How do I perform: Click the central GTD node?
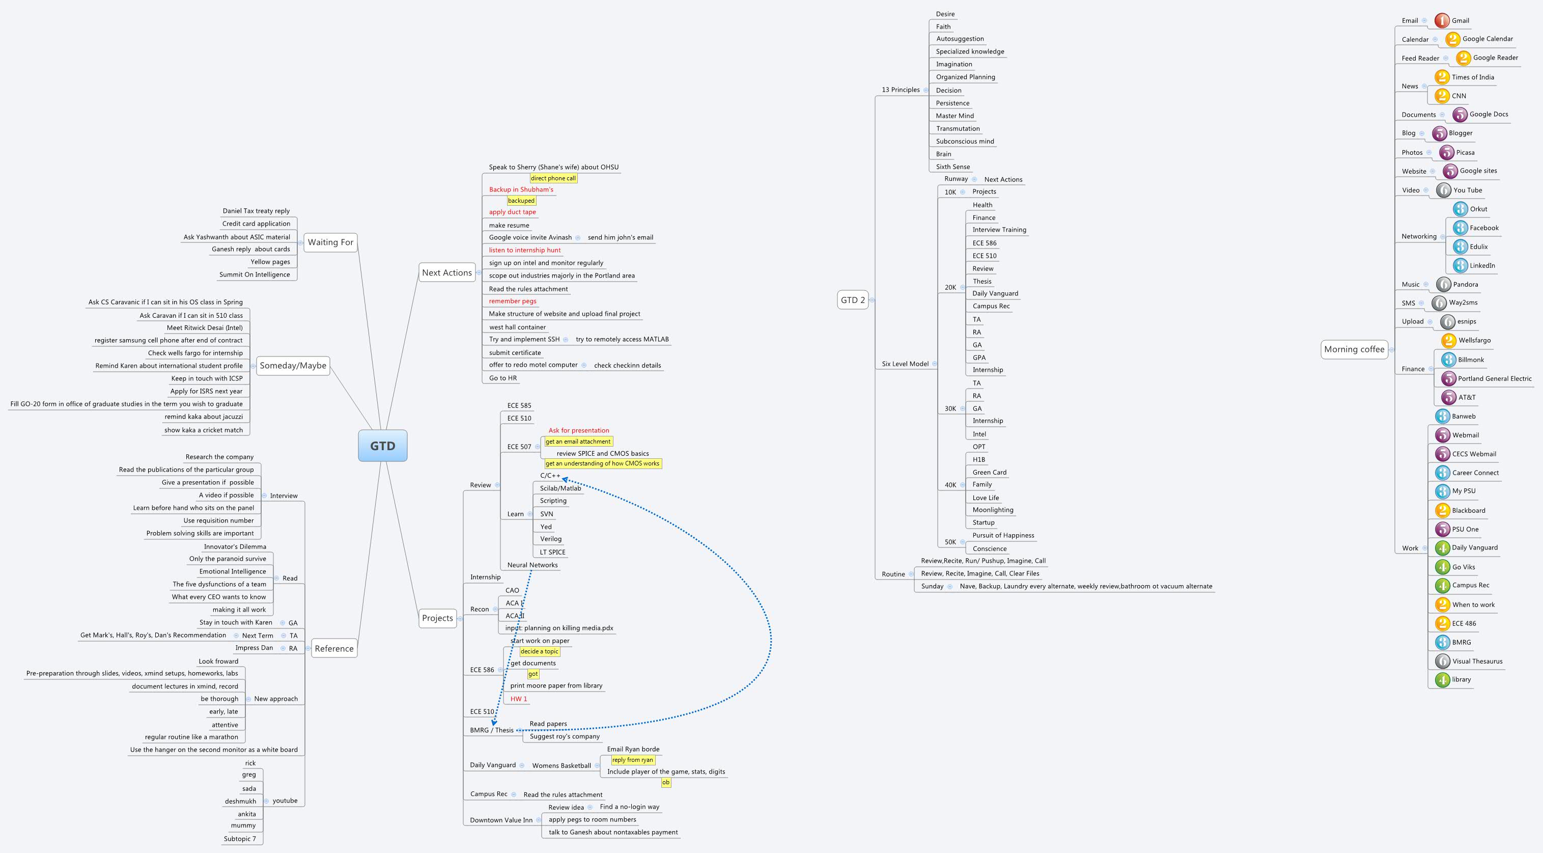pos(383,446)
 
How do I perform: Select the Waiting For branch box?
pos(330,242)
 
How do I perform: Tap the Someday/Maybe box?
pos(293,366)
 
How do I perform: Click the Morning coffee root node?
pos(1354,349)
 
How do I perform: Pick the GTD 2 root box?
pos(852,300)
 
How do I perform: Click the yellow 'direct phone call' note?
pos(553,178)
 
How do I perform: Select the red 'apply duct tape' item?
pos(512,212)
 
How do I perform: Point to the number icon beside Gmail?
pos(1442,20)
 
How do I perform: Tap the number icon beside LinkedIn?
pos(1461,265)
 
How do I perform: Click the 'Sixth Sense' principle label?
pos(952,167)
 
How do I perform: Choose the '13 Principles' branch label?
pos(900,90)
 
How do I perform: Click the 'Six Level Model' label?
pos(905,364)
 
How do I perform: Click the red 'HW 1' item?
pos(519,699)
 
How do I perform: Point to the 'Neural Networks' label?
pos(532,565)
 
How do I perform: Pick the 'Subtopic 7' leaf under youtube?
pos(240,839)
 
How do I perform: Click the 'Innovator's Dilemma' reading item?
pos(235,546)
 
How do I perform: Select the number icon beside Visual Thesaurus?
pos(1442,662)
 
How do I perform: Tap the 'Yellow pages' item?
pos(270,262)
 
